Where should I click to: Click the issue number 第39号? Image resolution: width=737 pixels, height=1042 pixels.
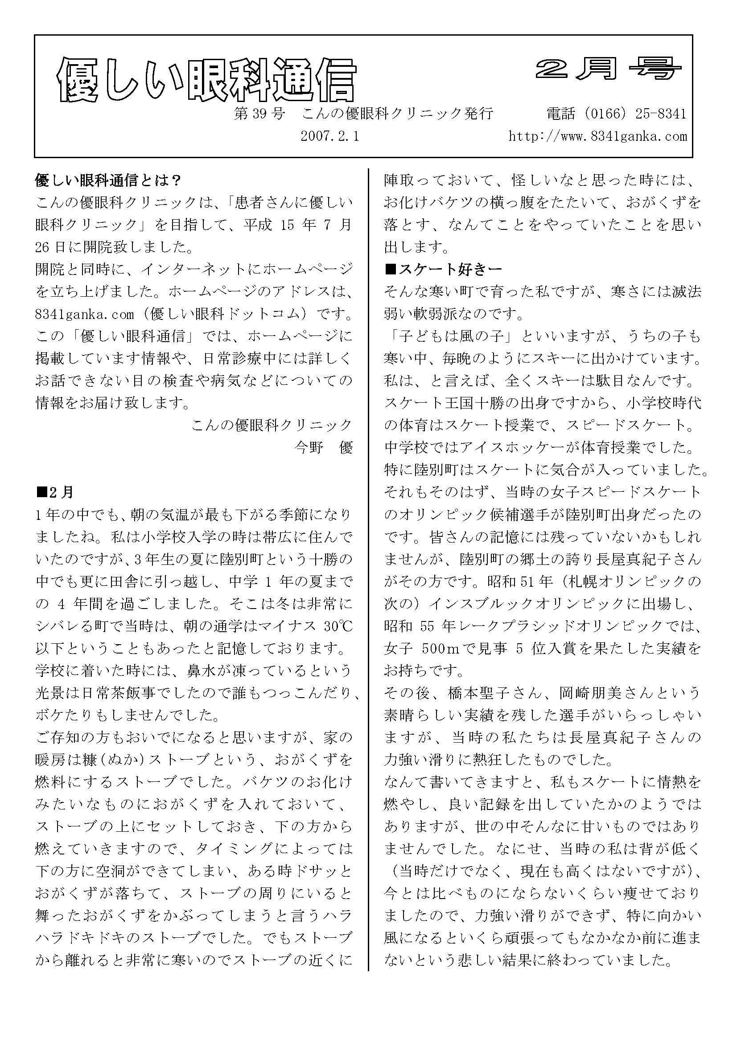click(259, 114)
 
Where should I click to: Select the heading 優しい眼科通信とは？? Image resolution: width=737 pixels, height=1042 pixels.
click(109, 180)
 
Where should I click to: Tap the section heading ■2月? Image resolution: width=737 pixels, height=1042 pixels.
click(55, 492)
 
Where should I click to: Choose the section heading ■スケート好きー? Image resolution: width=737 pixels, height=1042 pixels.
click(443, 270)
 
